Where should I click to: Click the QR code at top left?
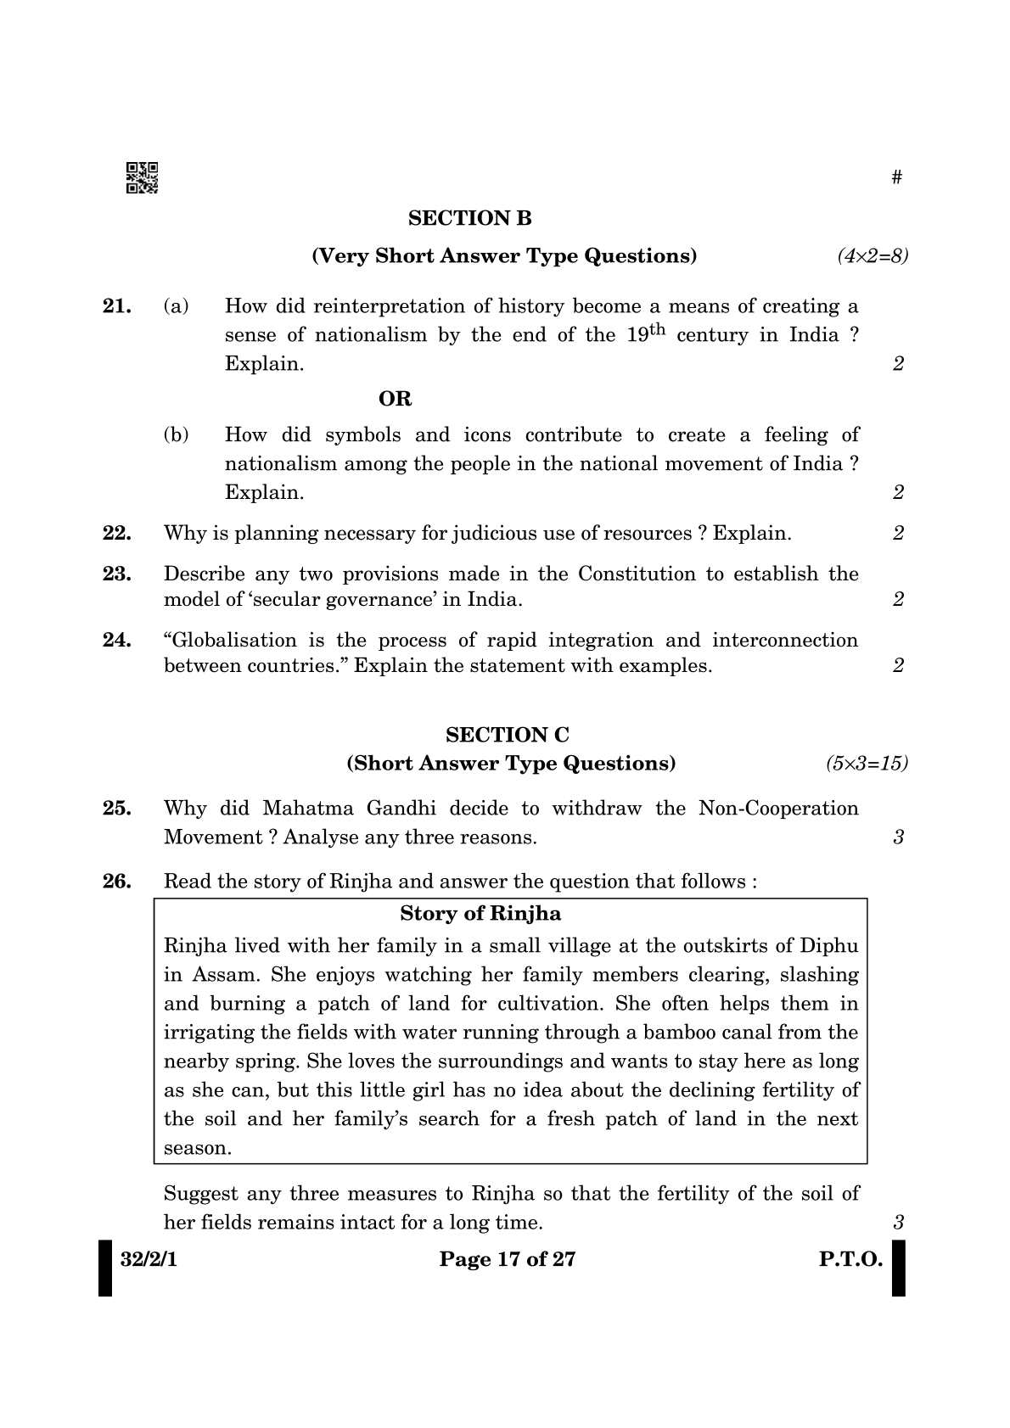click(x=142, y=177)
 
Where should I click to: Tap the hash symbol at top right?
click(x=897, y=177)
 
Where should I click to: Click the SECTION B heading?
click(x=469, y=218)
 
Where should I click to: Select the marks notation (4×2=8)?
click(x=873, y=255)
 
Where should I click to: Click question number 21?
click(x=116, y=306)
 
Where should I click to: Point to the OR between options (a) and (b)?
click(x=395, y=399)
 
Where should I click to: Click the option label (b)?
click(x=176, y=435)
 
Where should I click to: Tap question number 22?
click(x=116, y=534)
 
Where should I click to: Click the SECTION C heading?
click(x=508, y=735)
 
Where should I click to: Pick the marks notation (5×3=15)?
click(x=867, y=763)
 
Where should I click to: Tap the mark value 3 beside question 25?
click(x=898, y=837)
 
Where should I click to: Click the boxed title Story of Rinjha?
click(x=480, y=914)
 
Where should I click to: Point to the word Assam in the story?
click(x=222, y=975)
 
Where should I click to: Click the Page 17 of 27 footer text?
click(x=507, y=1259)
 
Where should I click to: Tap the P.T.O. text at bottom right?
click(x=850, y=1259)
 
